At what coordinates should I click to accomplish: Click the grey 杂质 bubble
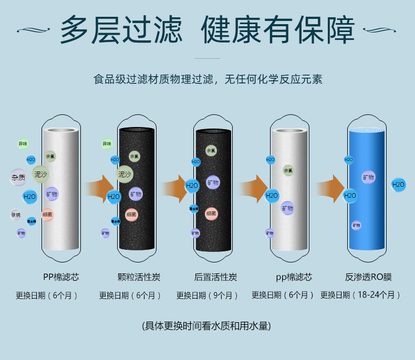pos(18,177)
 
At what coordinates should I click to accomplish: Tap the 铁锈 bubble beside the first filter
pos(16,215)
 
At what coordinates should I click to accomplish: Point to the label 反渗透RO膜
pos(369,277)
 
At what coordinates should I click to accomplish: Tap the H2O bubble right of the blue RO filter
pos(398,184)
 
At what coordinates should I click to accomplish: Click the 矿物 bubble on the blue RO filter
pos(368,177)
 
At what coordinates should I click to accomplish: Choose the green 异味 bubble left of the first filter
pos(23,144)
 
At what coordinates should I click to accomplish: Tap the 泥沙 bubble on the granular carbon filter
pos(124,174)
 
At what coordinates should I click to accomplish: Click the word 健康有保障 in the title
pos(278,30)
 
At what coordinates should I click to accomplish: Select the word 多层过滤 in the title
pos(121,30)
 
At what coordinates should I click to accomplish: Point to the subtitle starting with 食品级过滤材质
pos(207,80)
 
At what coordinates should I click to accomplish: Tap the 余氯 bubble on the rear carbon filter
pos(211,151)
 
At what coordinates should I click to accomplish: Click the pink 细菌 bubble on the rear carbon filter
pos(211,214)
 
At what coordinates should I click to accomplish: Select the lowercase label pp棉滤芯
pos(294,277)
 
